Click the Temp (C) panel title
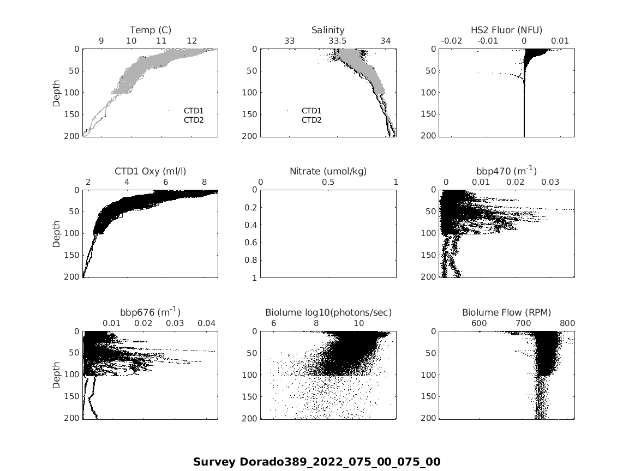click(x=150, y=30)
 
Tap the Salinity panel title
click(x=328, y=30)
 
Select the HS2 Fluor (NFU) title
click(x=506, y=30)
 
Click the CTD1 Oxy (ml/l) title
click(x=150, y=171)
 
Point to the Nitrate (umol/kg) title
click(x=328, y=171)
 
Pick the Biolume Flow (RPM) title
click(x=506, y=312)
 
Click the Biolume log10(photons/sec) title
click(x=328, y=312)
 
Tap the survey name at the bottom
click(x=316, y=462)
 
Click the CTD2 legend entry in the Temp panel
click(x=193, y=120)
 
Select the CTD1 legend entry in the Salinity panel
click(x=311, y=111)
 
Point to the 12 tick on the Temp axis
click(x=191, y=41)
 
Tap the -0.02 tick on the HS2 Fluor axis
click(x=452, y=41)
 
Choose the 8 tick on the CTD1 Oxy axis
click(x=205, y=182)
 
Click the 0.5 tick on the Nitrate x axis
click(x=328, y=182)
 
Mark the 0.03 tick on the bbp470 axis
click(x=550, y=182)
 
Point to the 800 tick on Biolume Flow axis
click(x=567, y=323)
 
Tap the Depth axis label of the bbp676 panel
click(x=57, y=375)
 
